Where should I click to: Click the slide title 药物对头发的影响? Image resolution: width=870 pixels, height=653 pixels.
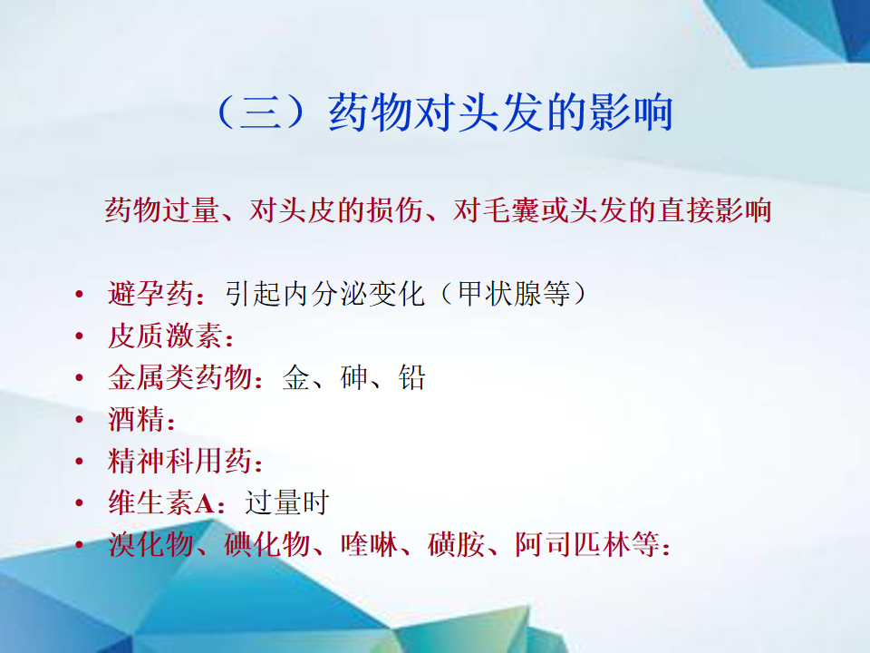[x=500, y=112]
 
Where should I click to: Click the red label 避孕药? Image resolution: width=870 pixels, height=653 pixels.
[x=151, y=294]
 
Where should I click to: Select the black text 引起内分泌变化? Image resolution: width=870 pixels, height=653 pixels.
[x=325, y=294]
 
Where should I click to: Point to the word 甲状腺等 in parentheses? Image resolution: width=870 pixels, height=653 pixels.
[x=514, y=294]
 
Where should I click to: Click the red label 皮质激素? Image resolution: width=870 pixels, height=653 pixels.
[x=165, y=336]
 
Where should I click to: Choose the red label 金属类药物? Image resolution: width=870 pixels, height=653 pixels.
[x=179, y=377]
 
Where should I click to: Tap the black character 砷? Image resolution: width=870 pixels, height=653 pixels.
[x=354, y=377]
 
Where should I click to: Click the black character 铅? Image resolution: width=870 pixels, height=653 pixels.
[x=411, y=377]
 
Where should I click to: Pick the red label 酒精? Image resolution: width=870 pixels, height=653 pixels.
[x=137, y=419]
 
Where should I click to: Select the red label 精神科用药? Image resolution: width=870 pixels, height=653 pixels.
[x=179, y=461]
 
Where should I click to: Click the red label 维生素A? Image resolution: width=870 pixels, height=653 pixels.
[x=161, y=502]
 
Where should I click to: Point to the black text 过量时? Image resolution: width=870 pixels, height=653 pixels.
[x=287, y=502]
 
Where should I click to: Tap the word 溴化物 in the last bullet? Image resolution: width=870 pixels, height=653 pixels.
[x=151, y=544]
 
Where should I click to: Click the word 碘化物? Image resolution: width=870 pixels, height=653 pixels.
[x=266, y=544]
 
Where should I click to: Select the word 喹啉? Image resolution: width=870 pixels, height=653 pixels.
[x=369, y=544]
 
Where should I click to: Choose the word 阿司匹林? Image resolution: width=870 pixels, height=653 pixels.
[x=573, y=544]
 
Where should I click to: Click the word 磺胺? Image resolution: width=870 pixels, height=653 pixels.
[x=456, y=544]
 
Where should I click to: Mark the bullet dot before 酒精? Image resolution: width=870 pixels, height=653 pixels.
[x=80, y=419]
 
